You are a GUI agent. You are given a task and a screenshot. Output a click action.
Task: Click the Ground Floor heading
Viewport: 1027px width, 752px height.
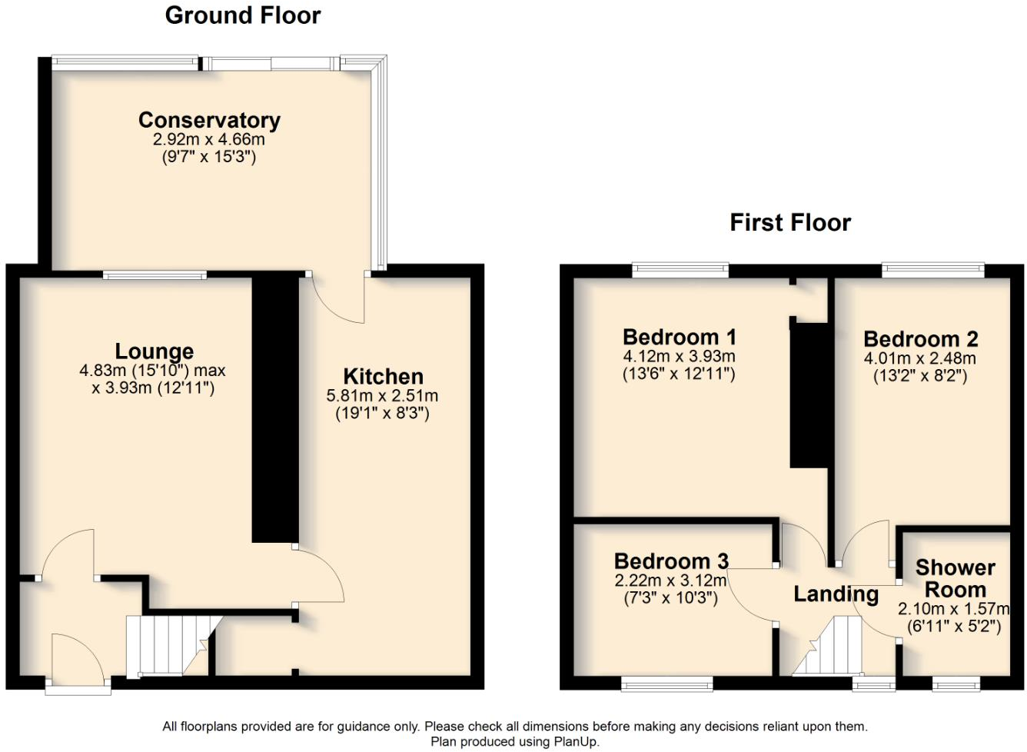coord(242,15)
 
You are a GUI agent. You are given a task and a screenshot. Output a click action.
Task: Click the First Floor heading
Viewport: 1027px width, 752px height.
coord(789,223)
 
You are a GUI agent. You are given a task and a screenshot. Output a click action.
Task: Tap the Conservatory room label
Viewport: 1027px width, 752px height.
coord(209,121)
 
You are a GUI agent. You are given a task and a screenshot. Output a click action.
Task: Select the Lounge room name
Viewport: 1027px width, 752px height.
coord(154,351)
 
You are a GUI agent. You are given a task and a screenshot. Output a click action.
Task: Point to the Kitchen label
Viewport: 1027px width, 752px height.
coord(383,377)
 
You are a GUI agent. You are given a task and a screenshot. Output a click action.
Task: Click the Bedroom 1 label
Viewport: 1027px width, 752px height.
coord(679,337)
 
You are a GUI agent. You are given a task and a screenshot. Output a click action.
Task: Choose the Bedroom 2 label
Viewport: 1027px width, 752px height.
coord(920,339)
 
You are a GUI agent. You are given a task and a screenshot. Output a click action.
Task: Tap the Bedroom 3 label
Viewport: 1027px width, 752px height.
coord(670,561)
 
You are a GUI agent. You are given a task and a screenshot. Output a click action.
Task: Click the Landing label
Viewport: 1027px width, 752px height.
coord(836,594)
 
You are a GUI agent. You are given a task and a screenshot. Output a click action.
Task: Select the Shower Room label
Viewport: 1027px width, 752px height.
coord(955,578)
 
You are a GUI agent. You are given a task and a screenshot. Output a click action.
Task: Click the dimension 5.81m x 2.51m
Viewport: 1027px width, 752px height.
coord(382,396)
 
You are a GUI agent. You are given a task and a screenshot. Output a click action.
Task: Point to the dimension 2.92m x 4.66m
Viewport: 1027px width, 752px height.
coord(208,140)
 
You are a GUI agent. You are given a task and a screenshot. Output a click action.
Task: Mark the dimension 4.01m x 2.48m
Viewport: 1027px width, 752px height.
coord(919,358)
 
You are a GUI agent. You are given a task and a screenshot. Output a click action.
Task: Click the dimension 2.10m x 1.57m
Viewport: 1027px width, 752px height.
coord(953,609)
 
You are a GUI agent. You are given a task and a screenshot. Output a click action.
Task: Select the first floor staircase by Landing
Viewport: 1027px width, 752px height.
coord(832,646)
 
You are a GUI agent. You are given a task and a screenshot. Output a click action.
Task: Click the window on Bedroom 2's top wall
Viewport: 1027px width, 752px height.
coord(932,269)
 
